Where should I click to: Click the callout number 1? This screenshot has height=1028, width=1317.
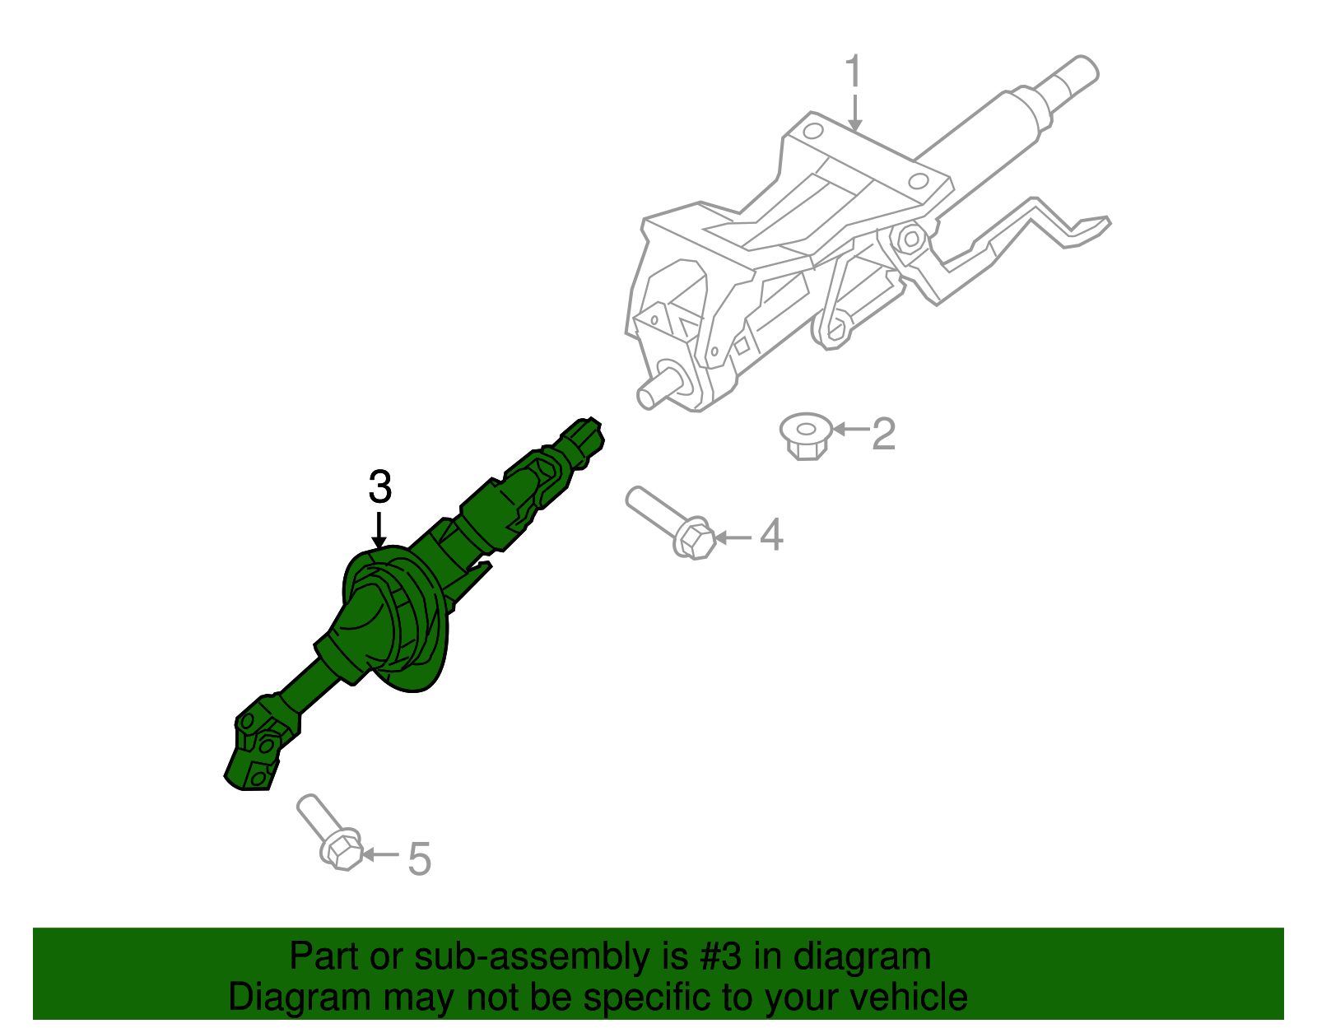[x=854, y=72]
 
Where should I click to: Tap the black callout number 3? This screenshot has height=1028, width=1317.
[x=379, y=487]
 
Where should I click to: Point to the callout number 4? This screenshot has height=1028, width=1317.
[x=771, y=535]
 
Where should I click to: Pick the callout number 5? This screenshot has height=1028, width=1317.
[x=419, y=858]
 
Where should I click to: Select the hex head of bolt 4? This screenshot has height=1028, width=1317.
[x=694, y=540]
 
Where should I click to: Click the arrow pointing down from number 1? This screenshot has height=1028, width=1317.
[x=855, y=112]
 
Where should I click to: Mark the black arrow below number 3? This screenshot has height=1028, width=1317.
[x=379, y=529]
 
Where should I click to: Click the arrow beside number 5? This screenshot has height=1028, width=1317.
[x=379, y=854]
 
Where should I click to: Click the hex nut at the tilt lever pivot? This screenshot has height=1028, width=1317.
[x=910, y=240]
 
